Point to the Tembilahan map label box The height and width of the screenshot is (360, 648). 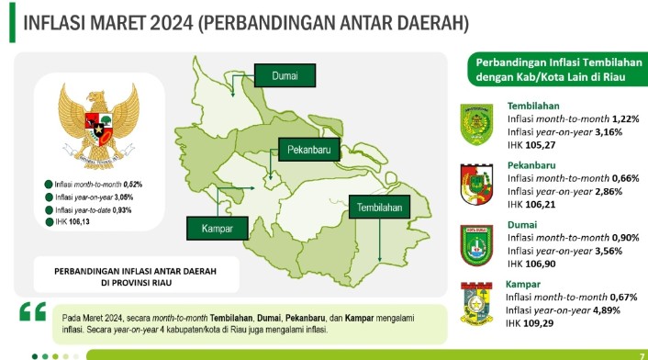tap(378, 208)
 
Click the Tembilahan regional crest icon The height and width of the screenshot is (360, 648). tap(477, 123)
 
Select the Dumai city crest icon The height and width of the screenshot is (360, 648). tap(477, 244)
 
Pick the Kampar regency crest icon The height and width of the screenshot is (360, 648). tap(477, 303)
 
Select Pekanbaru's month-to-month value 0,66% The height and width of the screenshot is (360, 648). tap(630, 177)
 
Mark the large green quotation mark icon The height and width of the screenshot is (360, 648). tap(31, 312)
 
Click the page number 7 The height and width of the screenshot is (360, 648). tap(641, 354)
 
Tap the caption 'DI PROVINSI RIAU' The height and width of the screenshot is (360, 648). tap(136, 284)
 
